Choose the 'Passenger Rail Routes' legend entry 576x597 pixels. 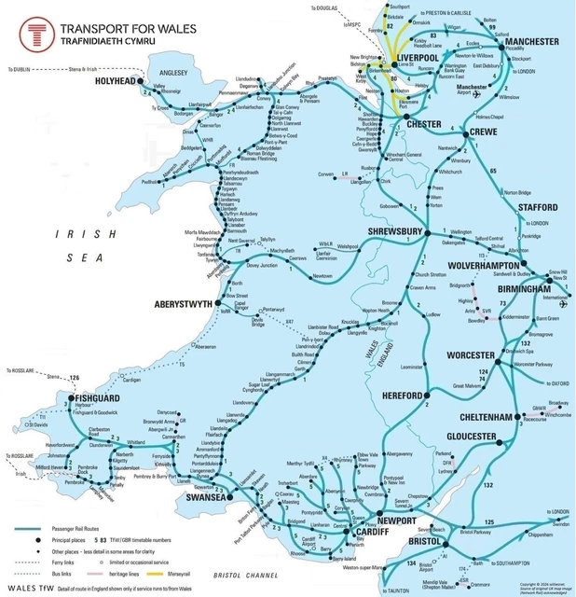[85, 529]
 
